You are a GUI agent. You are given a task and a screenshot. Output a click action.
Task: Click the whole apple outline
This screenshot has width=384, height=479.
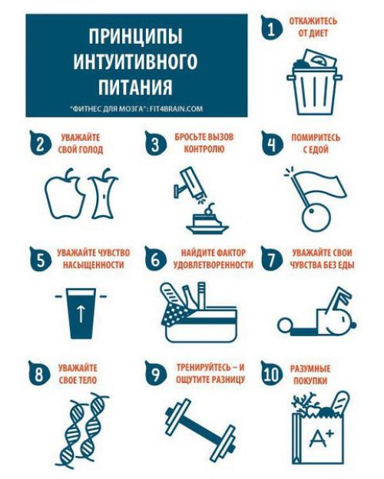point(61,194)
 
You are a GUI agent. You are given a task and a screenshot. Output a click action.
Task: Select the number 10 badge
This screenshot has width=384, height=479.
point(270,373)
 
